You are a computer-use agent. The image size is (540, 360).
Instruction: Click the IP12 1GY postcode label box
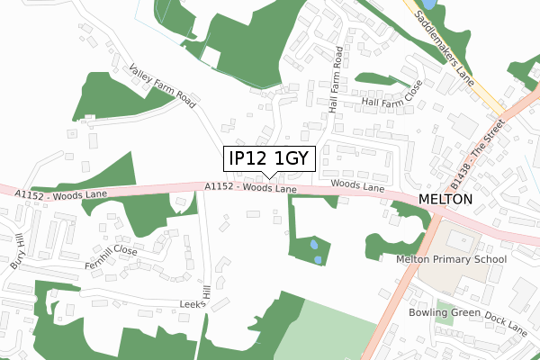pos(269,158)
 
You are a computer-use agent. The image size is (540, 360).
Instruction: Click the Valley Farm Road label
pos(162,86)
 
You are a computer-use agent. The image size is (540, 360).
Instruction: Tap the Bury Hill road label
pos(15,252)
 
